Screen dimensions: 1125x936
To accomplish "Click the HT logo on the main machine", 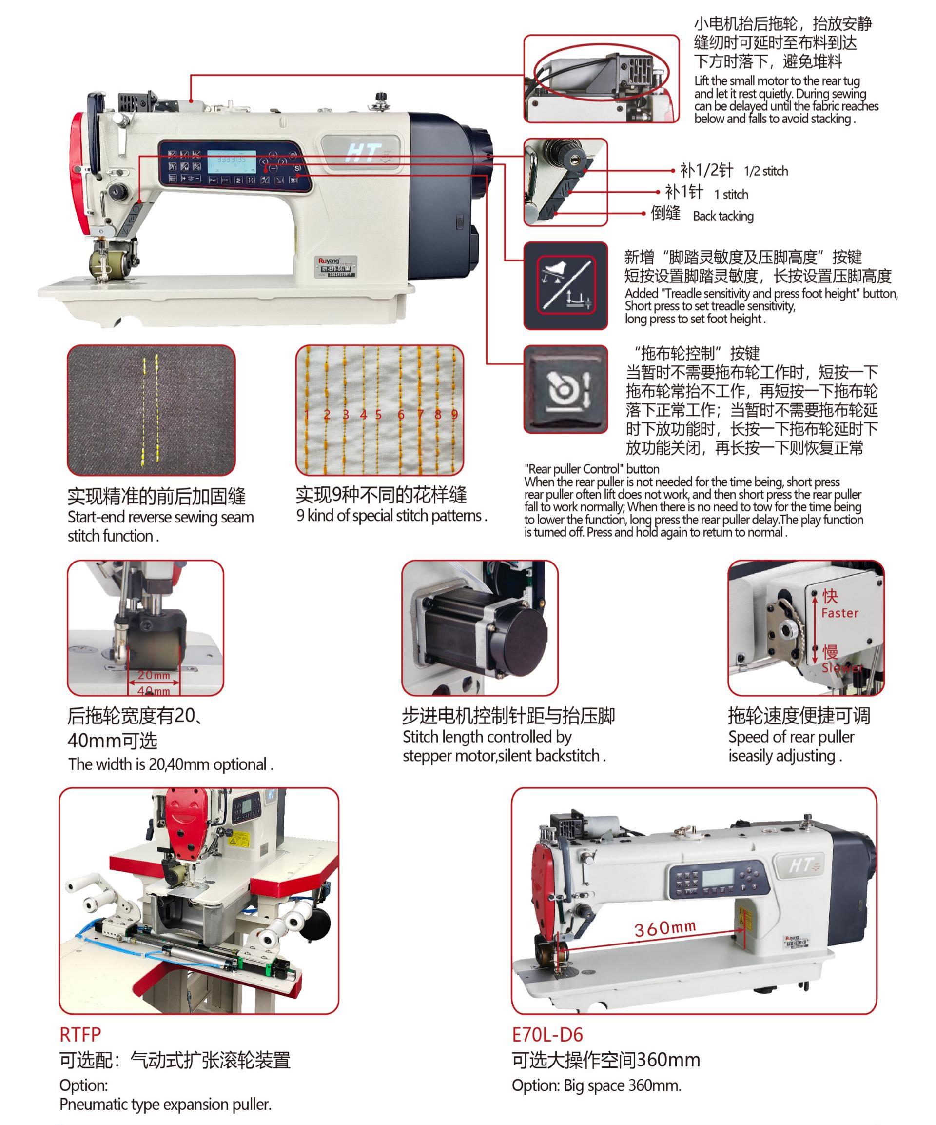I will [x=365, y=153].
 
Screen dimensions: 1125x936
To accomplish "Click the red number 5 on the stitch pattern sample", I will [x=379, y=414].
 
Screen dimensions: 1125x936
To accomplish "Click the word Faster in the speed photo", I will [x=839, y=613].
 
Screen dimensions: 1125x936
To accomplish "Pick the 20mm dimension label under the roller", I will [x=154, y=676].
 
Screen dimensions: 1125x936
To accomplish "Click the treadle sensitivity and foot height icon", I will [x=565, y=285].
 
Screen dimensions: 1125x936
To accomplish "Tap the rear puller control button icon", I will [x=565, y=388].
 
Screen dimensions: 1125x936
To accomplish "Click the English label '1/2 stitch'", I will [x=766, y=171].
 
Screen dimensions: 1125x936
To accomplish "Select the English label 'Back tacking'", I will [x=723, y=216].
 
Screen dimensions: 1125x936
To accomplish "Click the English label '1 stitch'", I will [x=731, y=194].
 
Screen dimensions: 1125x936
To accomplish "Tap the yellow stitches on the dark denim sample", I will [x=151, y=408].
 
